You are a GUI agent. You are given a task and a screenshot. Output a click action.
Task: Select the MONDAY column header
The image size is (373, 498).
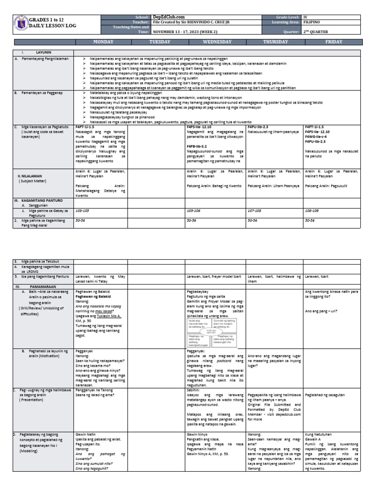pos(100,42)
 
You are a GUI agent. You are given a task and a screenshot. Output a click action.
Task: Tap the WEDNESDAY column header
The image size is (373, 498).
pos(217,42)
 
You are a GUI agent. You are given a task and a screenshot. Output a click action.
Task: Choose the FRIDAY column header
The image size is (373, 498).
pos(333,42)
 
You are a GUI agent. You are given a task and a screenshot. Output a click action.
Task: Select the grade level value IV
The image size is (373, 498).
pos(305,17)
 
